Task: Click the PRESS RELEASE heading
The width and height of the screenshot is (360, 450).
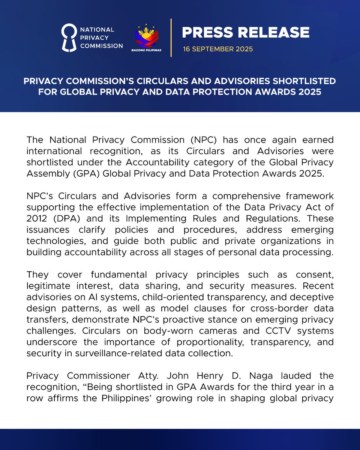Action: (x=246, y=33)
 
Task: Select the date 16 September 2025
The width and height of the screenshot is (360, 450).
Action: (x=218, y=49)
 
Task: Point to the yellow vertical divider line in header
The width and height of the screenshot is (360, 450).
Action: (x=171, y=37)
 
